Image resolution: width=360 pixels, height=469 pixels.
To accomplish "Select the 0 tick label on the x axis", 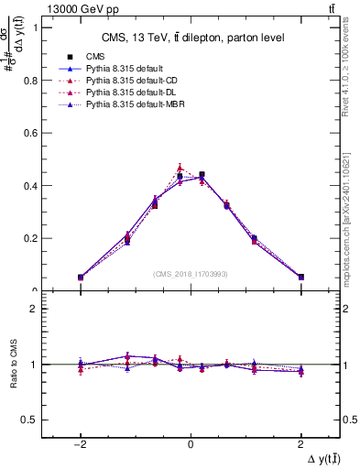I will [191, 443].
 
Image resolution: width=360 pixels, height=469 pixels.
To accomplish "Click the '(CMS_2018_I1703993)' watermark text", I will [191, 273].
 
